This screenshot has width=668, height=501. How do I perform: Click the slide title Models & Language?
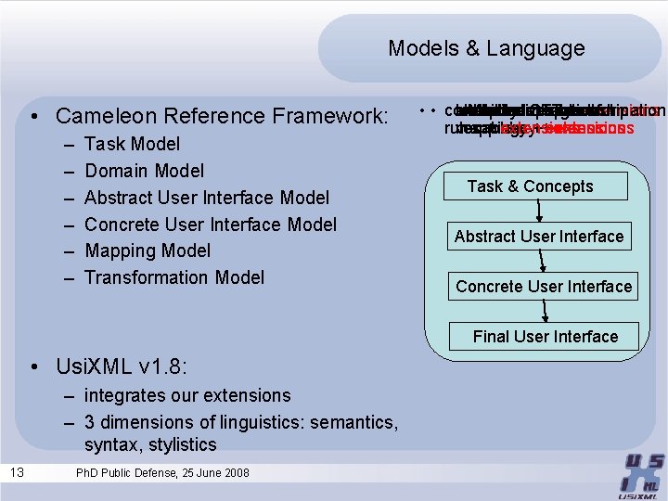point(486,48)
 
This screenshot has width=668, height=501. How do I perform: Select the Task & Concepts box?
point(530,186)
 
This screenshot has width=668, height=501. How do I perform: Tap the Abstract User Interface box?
point(539,237)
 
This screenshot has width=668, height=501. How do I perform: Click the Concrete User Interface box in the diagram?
point(544,287)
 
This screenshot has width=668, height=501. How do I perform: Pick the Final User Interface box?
point(545,336)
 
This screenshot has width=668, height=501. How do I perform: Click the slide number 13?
point(18,473)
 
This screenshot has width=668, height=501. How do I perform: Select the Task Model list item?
point(132,144)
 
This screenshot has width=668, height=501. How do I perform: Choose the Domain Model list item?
point(144,171)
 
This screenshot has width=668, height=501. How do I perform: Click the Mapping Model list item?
point(148,250)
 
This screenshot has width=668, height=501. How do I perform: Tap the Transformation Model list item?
point(173,277)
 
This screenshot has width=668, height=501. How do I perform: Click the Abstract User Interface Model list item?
point(206,198)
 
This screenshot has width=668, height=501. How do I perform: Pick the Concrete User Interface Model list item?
point(210,225)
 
